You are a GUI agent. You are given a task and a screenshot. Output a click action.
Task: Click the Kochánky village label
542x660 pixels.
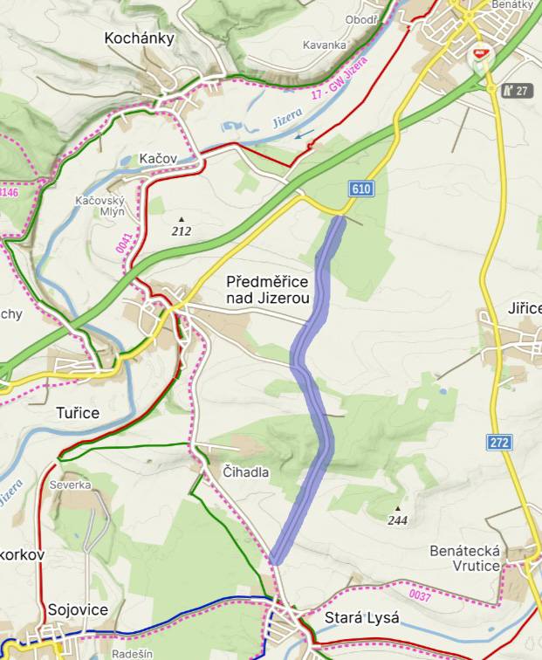click(x=140, y=38)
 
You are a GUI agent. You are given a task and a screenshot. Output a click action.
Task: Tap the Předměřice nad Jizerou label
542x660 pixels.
click(x=268, y=290)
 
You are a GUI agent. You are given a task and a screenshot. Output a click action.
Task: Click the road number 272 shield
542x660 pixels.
click(x=499, y=443)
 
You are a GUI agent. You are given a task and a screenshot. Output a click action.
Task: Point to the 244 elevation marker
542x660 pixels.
click(x=398, y=515)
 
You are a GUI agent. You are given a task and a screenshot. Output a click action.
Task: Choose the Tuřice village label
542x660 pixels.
click(x=78, y=412)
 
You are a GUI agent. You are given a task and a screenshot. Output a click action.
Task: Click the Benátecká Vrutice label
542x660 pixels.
click(x=465, y=559)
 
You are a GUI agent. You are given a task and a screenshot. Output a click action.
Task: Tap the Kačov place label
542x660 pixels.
click(x=159, y=159)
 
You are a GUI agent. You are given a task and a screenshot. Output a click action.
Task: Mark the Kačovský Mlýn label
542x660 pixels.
click(x=100, y=208)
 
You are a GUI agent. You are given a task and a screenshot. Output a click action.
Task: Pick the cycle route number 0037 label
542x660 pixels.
click(x=420, y=596)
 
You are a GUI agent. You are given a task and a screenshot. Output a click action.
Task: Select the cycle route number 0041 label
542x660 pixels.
click(x=123, y=242)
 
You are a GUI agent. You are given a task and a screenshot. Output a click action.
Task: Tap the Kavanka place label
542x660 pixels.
click(x=324, y=45)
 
